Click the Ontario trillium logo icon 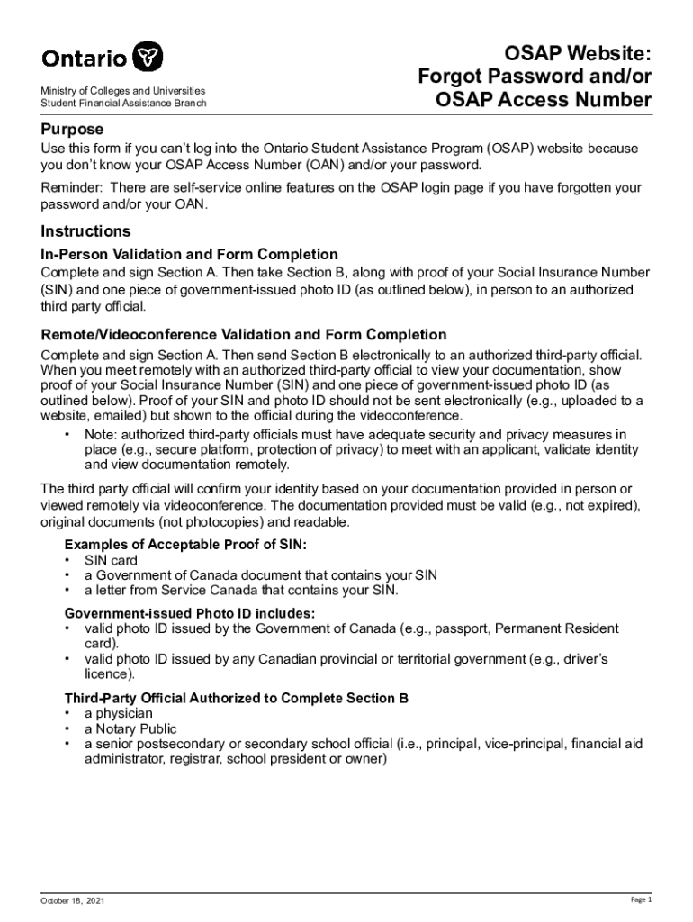pyautogui.click(x=148, y=57)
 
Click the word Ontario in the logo pyautogui.click(x=85, y=59)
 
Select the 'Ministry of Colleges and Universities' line pyautogui.click(x=123, y=91)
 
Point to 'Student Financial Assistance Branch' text pyautogui.click(x=123, y=104)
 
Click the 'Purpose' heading pyautogui.click(x=72, y=129)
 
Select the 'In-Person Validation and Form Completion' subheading pyautogui.click(x=189, y=254)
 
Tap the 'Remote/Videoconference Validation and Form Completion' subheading pyautogui.click(x=243, y=335)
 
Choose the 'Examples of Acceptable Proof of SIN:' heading pyautogui.click(x=184, y=546)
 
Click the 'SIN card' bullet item pyautogui.click(x=111, y=561)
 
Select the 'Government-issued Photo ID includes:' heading pyautogui.click(x=189, y=613)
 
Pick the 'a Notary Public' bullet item pyautogui.click(x=130, y=728)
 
